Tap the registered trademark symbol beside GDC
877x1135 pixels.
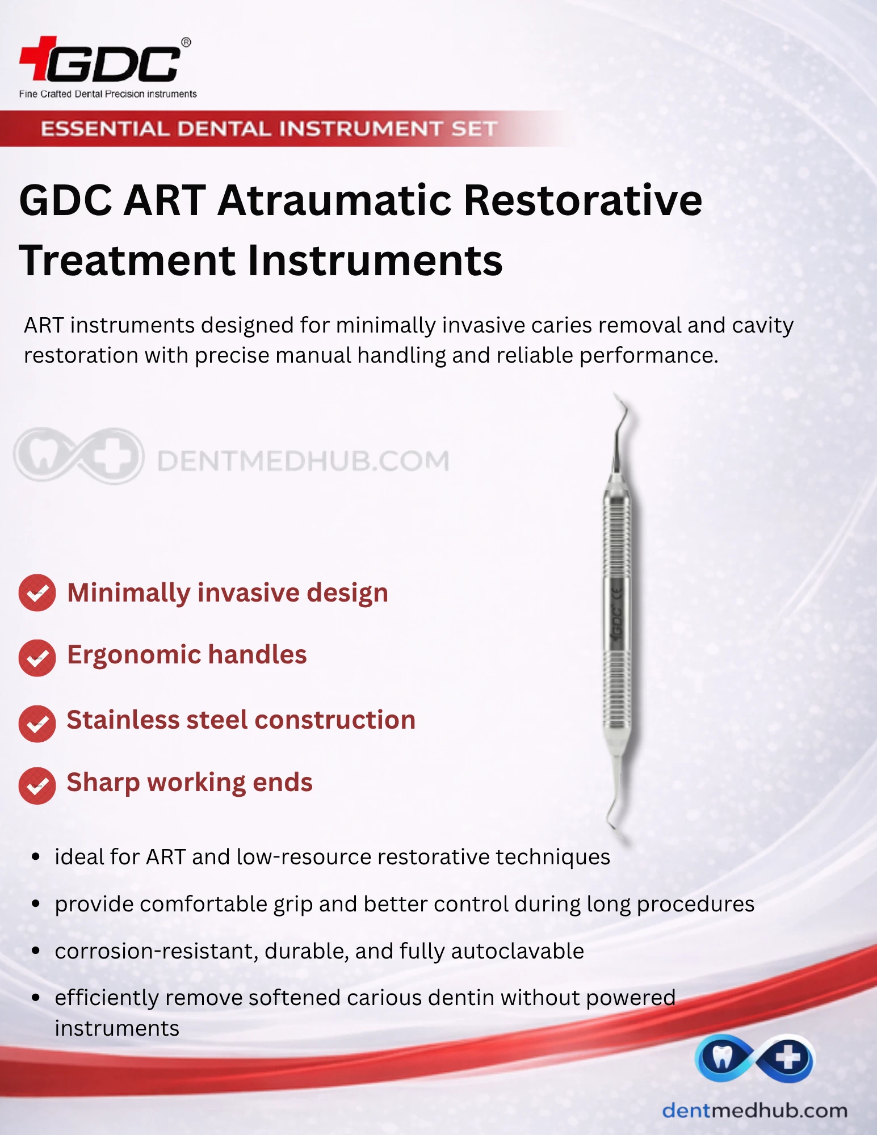pyautogui.click(x=186, y=43)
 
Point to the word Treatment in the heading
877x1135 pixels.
pyautogui.click(x=127, y=260)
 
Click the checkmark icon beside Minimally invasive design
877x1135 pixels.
pyautogui.click(x=37, y=593)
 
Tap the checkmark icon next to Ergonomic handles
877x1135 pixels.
pyautogui.click(x=37, y=658)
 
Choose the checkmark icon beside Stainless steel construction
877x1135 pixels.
pyautogui.click(x=37, y=724)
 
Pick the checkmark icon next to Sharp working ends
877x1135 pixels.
pyautogui.click(x=37, y=786)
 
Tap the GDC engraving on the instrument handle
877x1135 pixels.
pyautogui.click(x=617, y=624)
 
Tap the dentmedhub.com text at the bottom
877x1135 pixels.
pyautogui.click(x=755, y=1110)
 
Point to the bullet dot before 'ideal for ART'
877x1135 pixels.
pyautogui.click(x=36, y=857)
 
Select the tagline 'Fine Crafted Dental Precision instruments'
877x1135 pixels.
pyautogui.click(x=108, y=94)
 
